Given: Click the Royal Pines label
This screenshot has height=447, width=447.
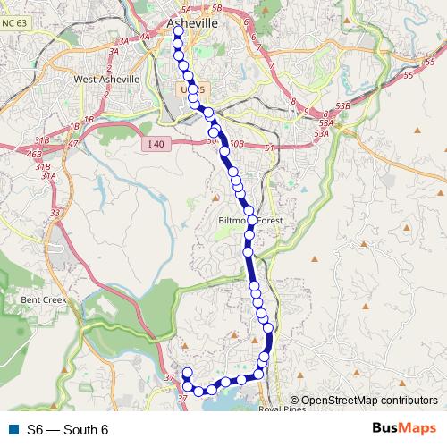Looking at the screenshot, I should tap(282, 409).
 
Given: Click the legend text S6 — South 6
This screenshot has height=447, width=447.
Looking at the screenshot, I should tap(67, 430).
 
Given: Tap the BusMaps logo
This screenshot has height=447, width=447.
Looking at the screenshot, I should tap(403, 429).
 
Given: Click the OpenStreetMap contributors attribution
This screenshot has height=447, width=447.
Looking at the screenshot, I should tap(368, 401).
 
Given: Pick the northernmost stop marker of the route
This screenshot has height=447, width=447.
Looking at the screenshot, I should tap(177, 32).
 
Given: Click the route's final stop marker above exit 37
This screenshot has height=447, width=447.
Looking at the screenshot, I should tap(187, 373).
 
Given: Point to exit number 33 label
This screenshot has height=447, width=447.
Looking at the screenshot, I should tap(55, 213).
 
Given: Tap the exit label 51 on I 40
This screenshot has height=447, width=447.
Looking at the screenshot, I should tap(269, 148).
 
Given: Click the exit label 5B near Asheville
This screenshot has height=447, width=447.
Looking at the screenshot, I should tap(217, 9).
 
